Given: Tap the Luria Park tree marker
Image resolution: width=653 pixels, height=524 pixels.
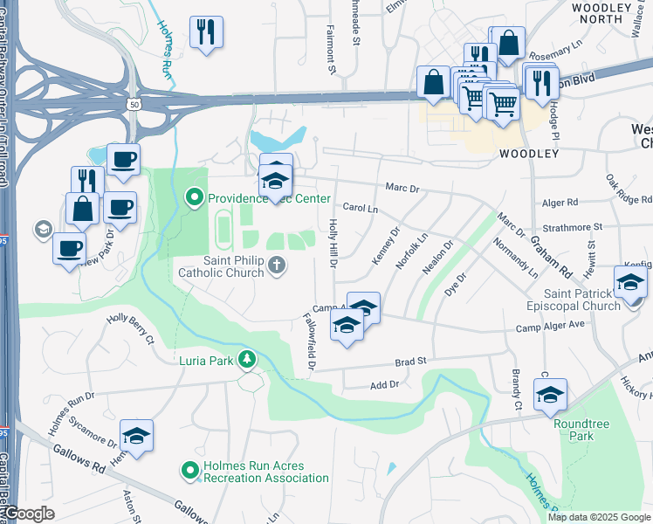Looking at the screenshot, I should (x=248, y=360).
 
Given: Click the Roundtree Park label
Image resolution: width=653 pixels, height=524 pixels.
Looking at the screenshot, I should (x=574, y=430).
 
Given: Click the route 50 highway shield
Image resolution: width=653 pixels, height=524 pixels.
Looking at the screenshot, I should (x=134, y=104).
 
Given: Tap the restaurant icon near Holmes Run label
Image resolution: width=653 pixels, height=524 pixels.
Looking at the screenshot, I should (x=206, y=32).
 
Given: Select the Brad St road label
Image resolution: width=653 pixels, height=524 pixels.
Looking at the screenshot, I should (x=409, y=360).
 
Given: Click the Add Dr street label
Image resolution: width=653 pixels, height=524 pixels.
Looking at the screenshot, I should (x=384, y=384).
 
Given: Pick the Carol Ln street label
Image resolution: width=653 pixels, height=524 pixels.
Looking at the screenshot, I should (x=360, y=209).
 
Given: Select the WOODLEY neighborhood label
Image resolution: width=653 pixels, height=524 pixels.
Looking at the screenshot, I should (x=529, y=154).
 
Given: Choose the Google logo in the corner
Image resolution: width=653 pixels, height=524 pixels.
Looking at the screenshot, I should (x=29, y=514).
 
